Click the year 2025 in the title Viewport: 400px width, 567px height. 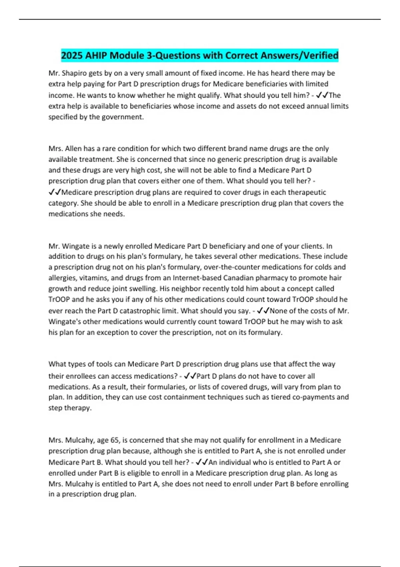pos(72,55)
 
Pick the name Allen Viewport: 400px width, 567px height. pos(73,148)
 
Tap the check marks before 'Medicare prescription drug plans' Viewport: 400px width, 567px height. pos(55,192)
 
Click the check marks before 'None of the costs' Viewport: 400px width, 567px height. pos(263,311)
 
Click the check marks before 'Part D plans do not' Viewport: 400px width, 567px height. pos(190,376)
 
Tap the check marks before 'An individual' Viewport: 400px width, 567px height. pos(202,462)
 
